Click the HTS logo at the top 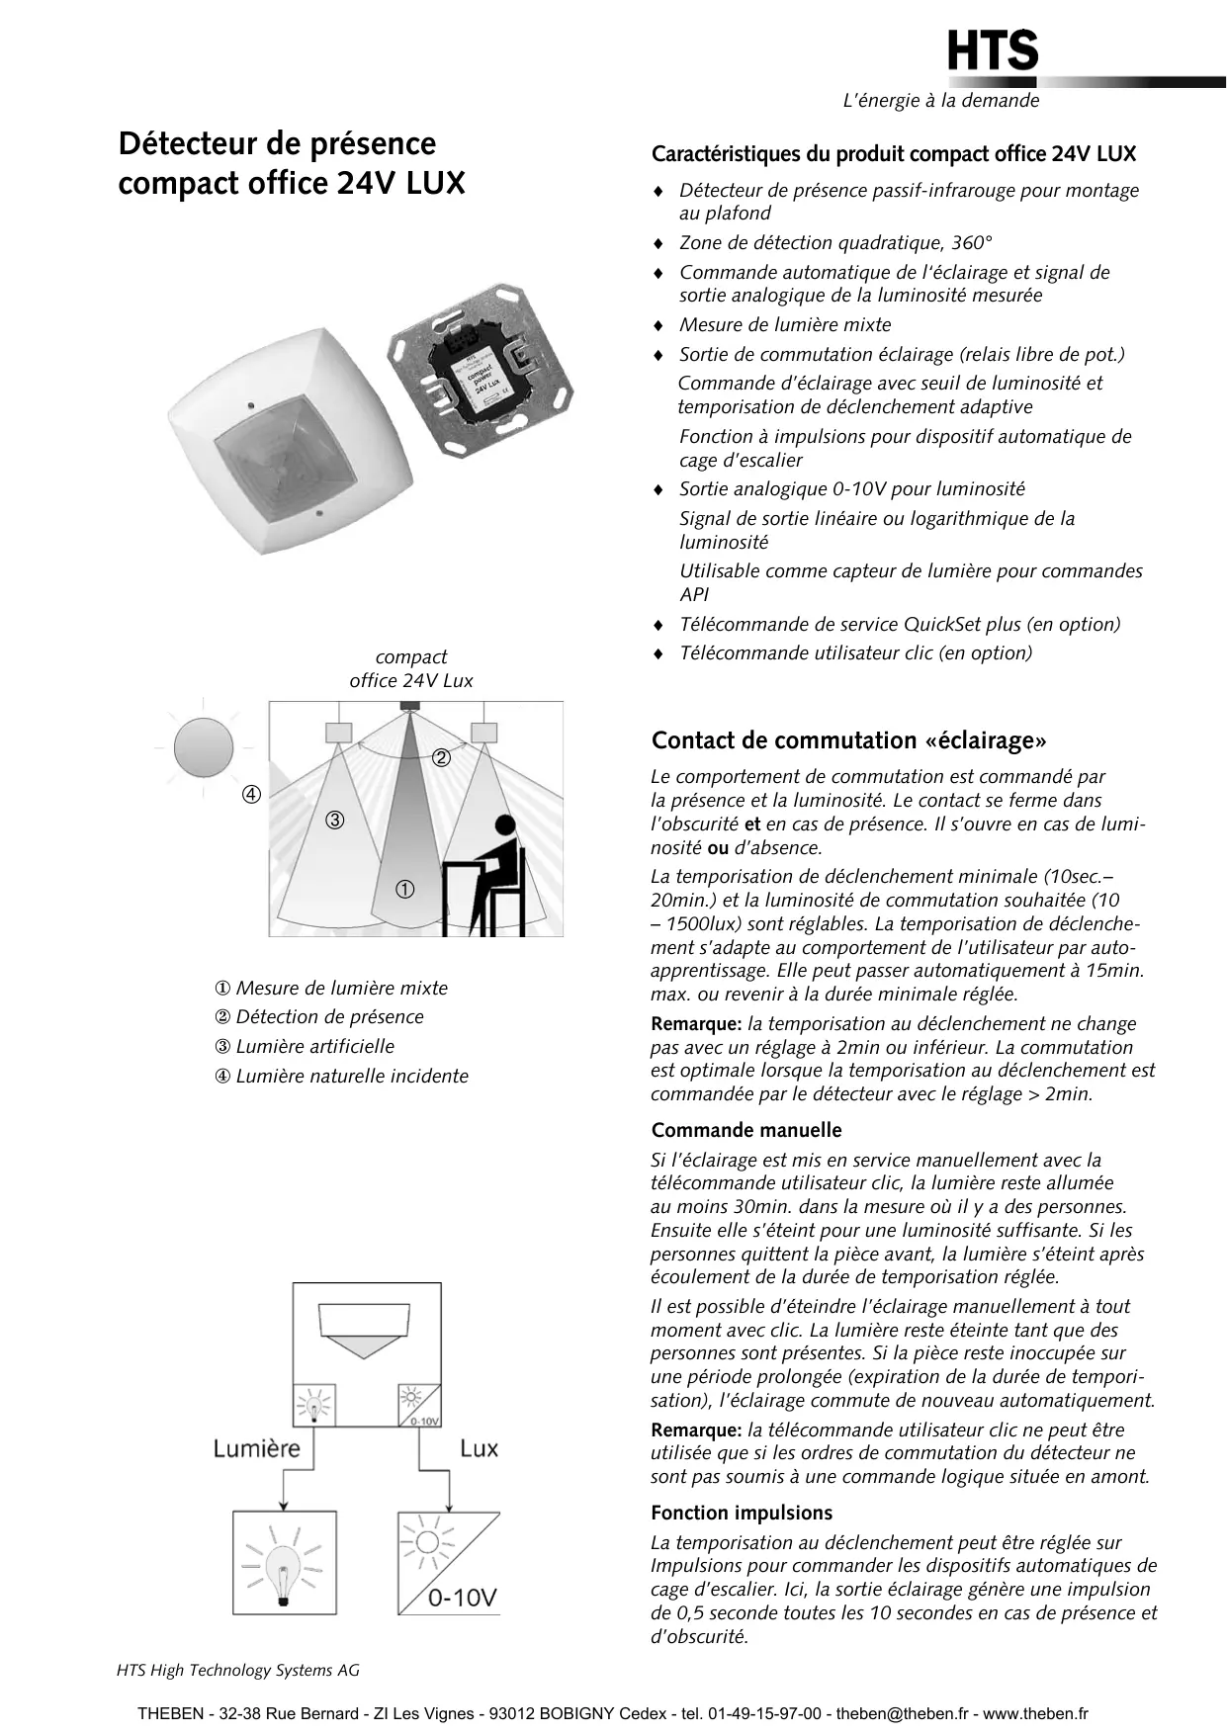click(x=993, y=51)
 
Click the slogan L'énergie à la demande click(x=940, y=101)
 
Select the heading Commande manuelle click(x=745, y=1130)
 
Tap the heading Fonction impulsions click(x=741, y=1513)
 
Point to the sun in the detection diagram click(x=204, y=748)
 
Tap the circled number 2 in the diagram click(x=441, y=758)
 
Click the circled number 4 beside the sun click(x=252, y=795)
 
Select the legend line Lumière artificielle click(x=305, y=1047)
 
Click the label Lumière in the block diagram click(x=256, y=1449)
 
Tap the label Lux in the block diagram click(x=479, y=1449)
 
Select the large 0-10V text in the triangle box click(x=462, y=1598)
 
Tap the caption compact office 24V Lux click(x=411, y=669)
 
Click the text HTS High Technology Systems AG click(x=238, y=1670)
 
